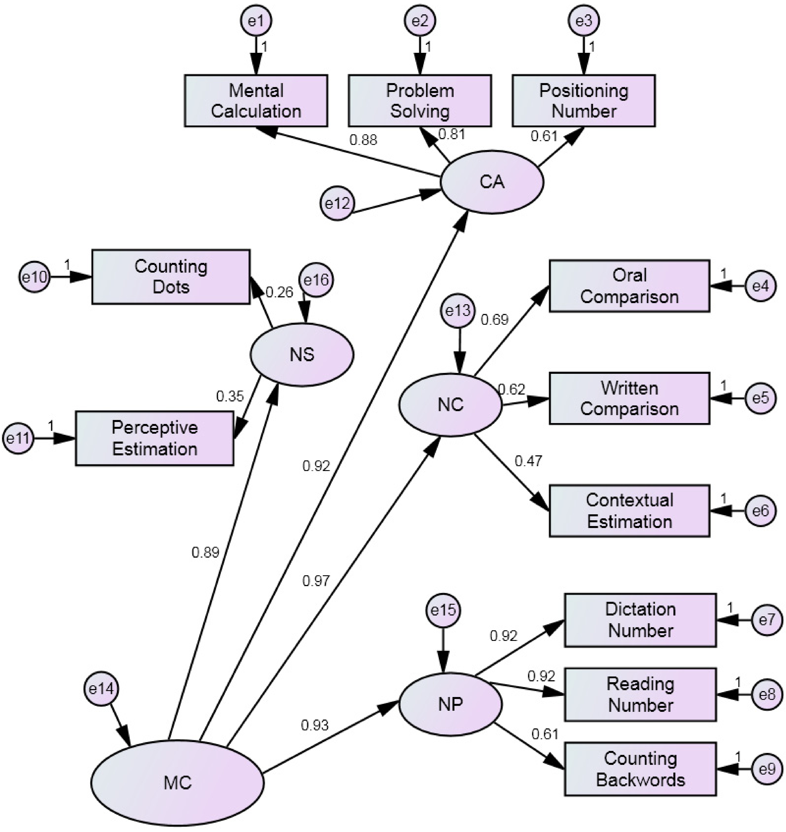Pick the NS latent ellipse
302,355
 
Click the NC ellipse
450,405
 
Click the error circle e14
101,689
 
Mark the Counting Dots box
171,277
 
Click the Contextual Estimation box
629,511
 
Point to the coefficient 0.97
316,581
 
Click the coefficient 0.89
205,553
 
